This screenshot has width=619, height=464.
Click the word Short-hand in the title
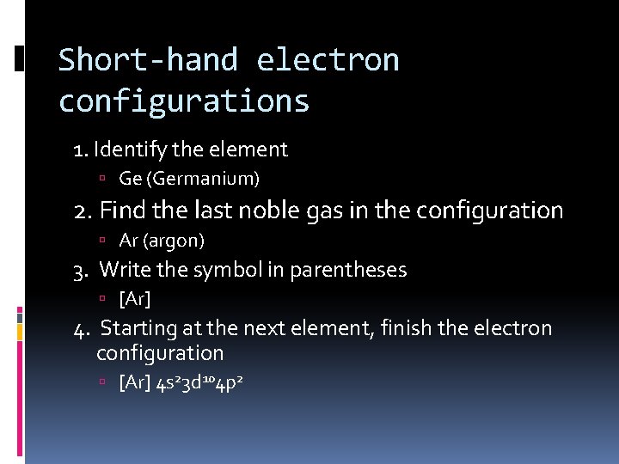(148, 60)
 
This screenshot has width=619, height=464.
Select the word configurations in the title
(184, 101)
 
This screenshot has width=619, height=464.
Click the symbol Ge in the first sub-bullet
(129, 179)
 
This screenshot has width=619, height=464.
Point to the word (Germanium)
(202, 179)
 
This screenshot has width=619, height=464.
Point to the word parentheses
(348, 270)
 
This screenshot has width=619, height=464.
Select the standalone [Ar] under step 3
(135, 299)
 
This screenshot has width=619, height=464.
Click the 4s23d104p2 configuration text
(199, 382)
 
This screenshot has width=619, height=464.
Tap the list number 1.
(80, 150)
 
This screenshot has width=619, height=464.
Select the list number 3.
(79, 271)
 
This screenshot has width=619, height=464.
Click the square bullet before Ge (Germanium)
(101, 180)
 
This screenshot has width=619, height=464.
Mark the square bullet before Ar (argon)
(101, 241)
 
